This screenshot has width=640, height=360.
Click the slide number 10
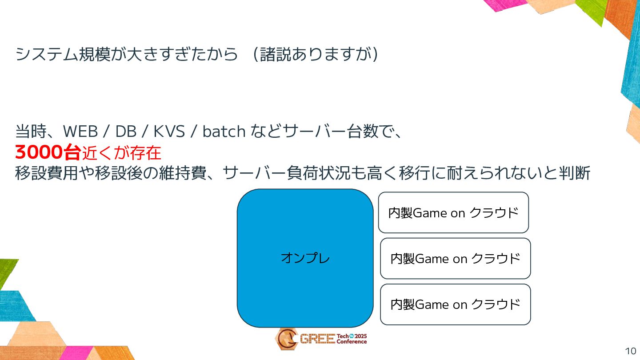(630, 351)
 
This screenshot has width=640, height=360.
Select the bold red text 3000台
(48, 153)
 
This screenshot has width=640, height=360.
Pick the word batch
(224, 132)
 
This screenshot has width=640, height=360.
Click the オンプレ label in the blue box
(305, 258)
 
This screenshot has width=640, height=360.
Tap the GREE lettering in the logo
(317, 339)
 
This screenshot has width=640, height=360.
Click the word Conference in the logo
(352, 342)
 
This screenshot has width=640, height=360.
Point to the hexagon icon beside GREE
(287, 339)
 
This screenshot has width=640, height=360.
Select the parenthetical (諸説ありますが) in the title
(316, 55)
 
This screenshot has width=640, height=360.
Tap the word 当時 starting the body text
(31, 132)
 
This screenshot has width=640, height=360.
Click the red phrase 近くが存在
(121, 153)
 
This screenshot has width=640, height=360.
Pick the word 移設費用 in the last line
(47, 173)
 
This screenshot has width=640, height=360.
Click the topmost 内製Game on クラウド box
(453, 212)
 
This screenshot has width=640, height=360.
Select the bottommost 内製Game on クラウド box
(455, 304)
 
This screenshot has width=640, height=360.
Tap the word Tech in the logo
(343, 336)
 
